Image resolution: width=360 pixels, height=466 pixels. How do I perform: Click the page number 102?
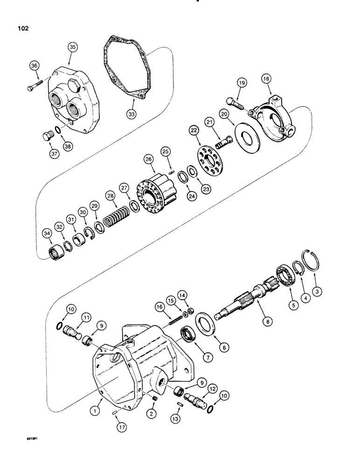[22, 28]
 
